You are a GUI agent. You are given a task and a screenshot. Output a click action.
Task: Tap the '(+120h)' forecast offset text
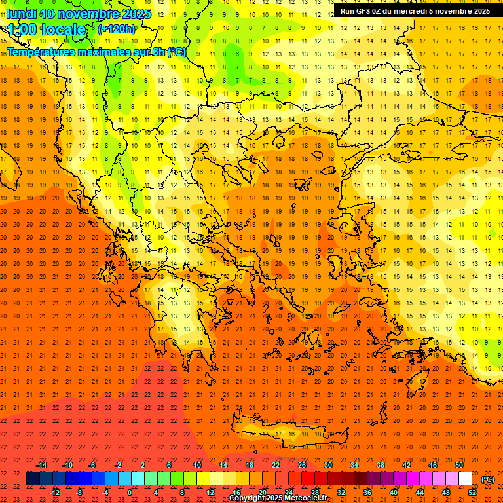pyautogui.click(x=117, y=29)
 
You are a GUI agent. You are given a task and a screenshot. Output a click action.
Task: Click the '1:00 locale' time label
pyautogui.click(x=46, y=29)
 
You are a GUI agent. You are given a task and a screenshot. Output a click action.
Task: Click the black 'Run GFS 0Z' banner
pyautogui.click(x=415, y=11)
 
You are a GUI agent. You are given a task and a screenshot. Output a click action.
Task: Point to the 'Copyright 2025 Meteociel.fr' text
pyautogui.click(x=278, y=498)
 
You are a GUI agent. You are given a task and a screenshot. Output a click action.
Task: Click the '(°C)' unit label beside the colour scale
pyautogui.click(x=488, y=479)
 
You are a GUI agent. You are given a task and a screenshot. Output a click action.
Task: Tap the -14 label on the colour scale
pyautogui.click(x=42, y=465)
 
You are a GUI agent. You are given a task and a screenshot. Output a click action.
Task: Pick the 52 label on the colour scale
pyautogui.click(x=472, y=493)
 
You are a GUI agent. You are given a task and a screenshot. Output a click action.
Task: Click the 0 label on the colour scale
pyautogui.click(x=130, y=493)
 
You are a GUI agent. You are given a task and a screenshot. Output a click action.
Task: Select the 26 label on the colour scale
pyautogui.click(x=302, y=465)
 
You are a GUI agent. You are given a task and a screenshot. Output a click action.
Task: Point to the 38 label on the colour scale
pyautogui.click(x=381, y=465)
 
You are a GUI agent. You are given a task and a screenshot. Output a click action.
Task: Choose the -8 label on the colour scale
pyautogui.click(x=79, y=493)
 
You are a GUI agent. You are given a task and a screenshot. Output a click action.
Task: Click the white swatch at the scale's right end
pyautogui.click(x=465, y=479)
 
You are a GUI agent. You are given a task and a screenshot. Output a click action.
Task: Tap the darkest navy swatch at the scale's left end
pyautogui.click(x=33, y=479)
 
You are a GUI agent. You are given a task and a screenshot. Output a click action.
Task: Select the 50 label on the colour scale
pyautogui.click(x=459, y=465)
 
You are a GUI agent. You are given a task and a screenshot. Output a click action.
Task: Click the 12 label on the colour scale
pyautogui.click(x=210, y=493)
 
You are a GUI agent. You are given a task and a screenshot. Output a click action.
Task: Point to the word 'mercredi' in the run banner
pyautogui.click(x=409, y=11)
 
